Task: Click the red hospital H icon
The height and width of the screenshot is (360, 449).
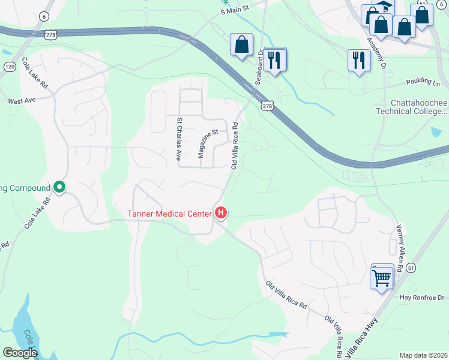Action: click(x=221, y=213)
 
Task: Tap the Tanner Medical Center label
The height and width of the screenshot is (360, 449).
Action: click(x=169, y=214)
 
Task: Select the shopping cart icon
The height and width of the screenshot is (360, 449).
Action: click(x=382, y=278)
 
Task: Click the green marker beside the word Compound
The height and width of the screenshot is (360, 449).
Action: click(x=59, y=188)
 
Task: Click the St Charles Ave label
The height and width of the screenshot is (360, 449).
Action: click(x=178, y=139)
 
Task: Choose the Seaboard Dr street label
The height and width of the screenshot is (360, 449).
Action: click(x=261, y=67)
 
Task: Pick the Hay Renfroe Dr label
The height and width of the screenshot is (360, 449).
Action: click(x=421, y=298)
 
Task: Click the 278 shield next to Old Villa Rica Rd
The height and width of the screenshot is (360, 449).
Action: click(x=267, y=106)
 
